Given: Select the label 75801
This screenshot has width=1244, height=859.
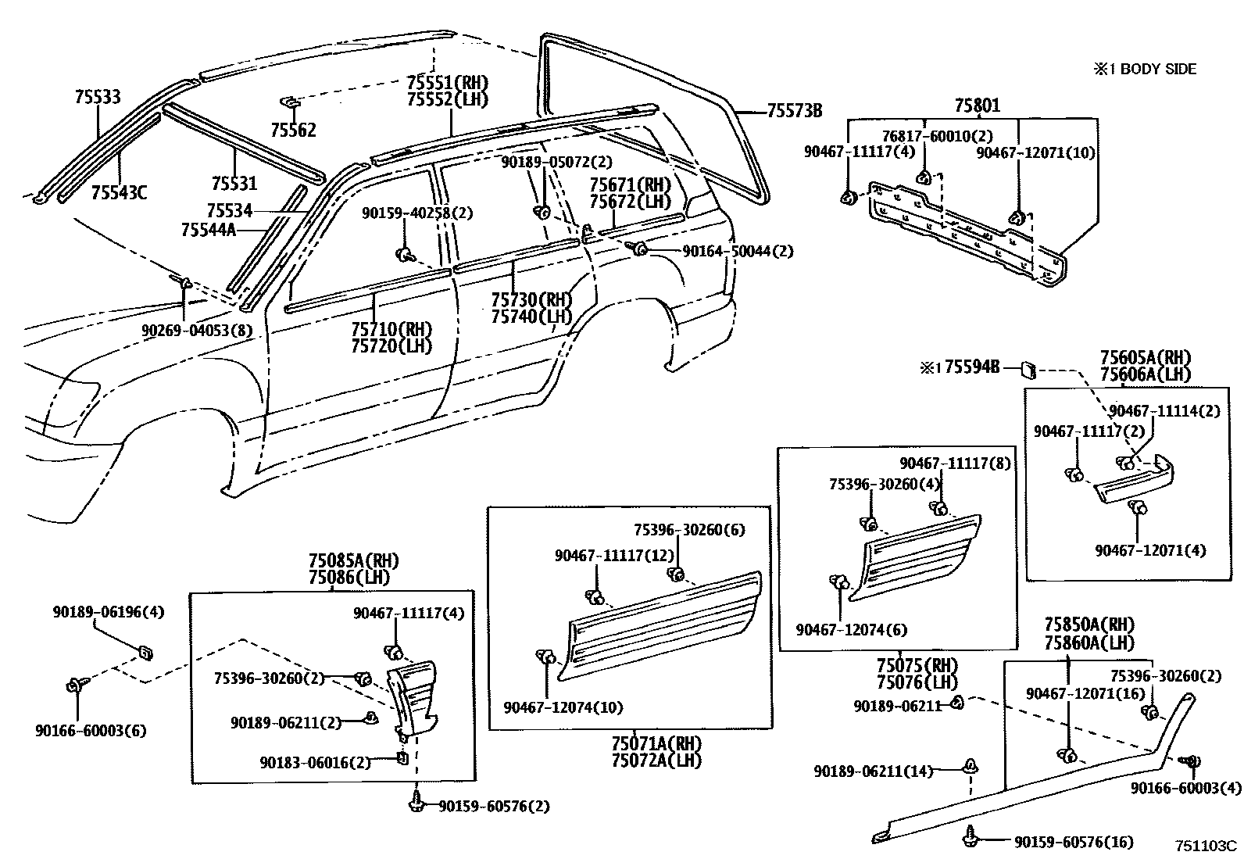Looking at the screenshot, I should coord(976,106).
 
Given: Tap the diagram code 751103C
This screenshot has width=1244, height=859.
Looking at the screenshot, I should coord(1206,846).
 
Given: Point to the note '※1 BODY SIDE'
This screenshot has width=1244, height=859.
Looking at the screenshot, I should coord(1145,70).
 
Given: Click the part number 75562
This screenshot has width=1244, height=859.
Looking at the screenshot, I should coord(293,131).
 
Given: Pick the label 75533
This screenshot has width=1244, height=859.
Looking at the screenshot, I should coord(98,98).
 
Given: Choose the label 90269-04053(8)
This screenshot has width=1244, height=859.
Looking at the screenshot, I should coord(197,331).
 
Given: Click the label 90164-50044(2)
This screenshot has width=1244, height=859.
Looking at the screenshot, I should coord(738,252).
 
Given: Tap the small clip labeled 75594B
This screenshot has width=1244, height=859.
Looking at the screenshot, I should coord(1030,367).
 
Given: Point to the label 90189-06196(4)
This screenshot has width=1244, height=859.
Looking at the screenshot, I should coord(109,612).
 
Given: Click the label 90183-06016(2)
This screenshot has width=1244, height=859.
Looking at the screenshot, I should coord(316,762).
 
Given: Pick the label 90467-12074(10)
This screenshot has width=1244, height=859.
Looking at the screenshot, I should coord(563,708).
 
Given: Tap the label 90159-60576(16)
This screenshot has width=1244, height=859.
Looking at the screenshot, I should coord(1074,842).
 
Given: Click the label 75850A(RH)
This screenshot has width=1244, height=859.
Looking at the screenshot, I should coord(1089,625).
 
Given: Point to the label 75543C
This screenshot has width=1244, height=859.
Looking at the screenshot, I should coord(118,192).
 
